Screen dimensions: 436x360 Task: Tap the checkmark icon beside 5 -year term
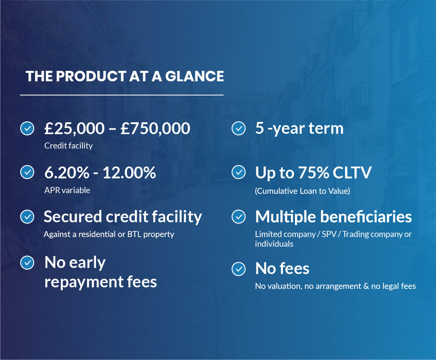(239, 128)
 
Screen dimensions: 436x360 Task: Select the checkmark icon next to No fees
(239, 269)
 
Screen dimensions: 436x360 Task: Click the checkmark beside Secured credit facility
(27, 217)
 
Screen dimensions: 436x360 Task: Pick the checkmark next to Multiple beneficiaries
(239, 217)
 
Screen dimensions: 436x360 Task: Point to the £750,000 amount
(155, 128)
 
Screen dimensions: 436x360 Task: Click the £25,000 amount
(74, 128)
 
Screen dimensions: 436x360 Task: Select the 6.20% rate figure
(67, 173)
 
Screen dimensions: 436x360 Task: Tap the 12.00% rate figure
(129, 173)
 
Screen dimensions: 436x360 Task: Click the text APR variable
(67, 190)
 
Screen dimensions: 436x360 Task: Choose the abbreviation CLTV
(352, 173)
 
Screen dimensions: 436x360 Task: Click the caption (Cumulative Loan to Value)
(303, 191)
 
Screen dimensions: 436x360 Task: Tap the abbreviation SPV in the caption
(329, 234)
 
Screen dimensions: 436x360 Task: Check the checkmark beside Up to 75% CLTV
(239, 172)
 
